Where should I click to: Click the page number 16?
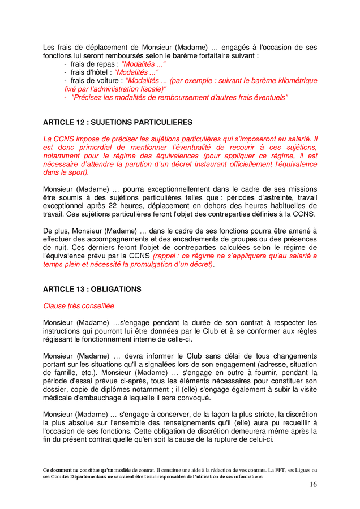(313, 485)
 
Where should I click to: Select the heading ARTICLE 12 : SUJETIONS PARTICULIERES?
(117, 122)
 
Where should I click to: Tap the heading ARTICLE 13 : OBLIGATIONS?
(92, 289)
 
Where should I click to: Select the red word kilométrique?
(292, 81)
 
